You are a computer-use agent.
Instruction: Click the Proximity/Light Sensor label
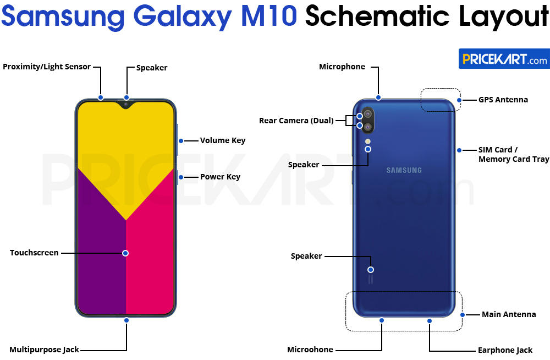click(x=47, y=67)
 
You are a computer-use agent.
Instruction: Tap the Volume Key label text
click(x=222, y=140)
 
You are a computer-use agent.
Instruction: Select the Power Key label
click(x=220, y=177)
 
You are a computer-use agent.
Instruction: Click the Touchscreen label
click(x=34, y=253)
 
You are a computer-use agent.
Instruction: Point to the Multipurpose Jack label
click(x=44, y=350)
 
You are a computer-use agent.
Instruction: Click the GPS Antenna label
click(x=503, y=100)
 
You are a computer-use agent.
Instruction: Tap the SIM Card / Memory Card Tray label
click(x=513, y=154)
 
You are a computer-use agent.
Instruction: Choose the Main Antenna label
click(x=508, y=314)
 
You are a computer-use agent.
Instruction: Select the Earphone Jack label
click(x=505, y=350)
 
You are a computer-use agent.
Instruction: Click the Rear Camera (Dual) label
click(x=296, y=121)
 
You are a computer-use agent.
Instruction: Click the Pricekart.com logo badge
click(x=504, y=59)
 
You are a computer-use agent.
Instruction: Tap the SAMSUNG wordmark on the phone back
click(x=404, y=170)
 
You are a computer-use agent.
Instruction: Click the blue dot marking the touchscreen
click(x=125, y=253)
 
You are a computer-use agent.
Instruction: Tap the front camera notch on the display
click(x=126, y=103)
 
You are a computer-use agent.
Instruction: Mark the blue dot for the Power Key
click(x=180, y=177)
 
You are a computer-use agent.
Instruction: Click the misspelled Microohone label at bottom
click(x=310, y=350)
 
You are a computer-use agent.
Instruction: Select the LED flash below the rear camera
click(x=367, y=141)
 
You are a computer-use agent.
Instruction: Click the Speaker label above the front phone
click(x=152, y=68)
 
